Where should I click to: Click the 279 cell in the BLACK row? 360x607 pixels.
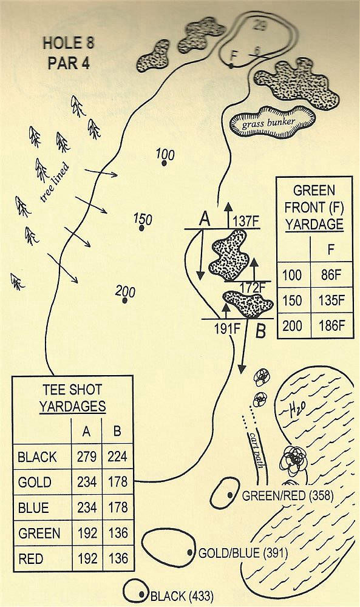pos(87,457)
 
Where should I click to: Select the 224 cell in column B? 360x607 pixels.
pos(117,457)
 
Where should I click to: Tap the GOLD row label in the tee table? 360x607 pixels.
pos(35,483)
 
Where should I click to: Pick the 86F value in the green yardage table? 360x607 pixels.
pos(331,275)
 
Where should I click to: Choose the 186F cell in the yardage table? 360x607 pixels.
pos(331,325)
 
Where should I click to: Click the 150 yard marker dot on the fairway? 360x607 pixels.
pos(142,228)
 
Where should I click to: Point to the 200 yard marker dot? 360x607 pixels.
pos(124,300)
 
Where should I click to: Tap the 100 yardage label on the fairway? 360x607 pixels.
pos(165,154)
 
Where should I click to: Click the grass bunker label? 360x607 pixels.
pos(269,123)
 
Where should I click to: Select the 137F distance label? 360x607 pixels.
pos(246,223)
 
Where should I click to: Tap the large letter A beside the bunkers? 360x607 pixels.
pos(205,220)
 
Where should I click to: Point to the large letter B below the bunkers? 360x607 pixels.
pos(261,331)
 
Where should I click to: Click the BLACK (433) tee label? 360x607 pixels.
pos(182,596)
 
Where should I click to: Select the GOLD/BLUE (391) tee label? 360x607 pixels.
pos(243,553)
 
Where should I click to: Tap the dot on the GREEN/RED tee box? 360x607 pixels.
pos(230,495)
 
